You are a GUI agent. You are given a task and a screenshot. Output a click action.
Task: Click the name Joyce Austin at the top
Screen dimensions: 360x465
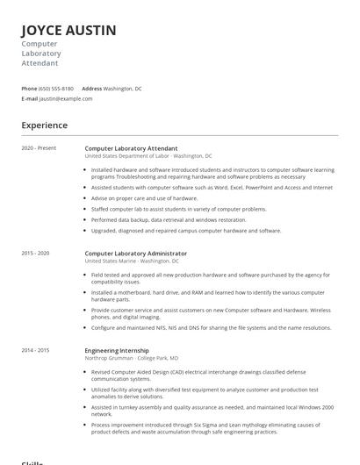pos(68,30)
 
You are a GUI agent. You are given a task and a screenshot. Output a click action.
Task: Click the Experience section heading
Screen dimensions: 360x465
pos(45,125)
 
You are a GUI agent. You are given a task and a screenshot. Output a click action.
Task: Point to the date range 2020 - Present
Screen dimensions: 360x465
pos(39,148)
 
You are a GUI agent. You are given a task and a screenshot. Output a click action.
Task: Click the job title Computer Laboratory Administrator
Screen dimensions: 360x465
pos(135,254)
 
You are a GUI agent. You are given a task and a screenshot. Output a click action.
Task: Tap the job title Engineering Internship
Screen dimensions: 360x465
pos(116,350)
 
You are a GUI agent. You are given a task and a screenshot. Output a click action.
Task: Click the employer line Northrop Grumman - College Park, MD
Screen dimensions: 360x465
pos(131,358)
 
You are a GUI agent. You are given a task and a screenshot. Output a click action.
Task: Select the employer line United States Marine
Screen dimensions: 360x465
pos(131,261)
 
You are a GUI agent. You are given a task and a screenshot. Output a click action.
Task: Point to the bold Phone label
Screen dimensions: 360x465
pos(29,89)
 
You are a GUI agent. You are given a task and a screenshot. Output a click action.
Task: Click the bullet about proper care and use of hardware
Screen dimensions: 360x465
pos(144,198)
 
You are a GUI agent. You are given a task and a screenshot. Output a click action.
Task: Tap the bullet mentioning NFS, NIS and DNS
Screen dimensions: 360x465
pos(211,327)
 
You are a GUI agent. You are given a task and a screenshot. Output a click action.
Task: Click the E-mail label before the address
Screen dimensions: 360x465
pos(29,98)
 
